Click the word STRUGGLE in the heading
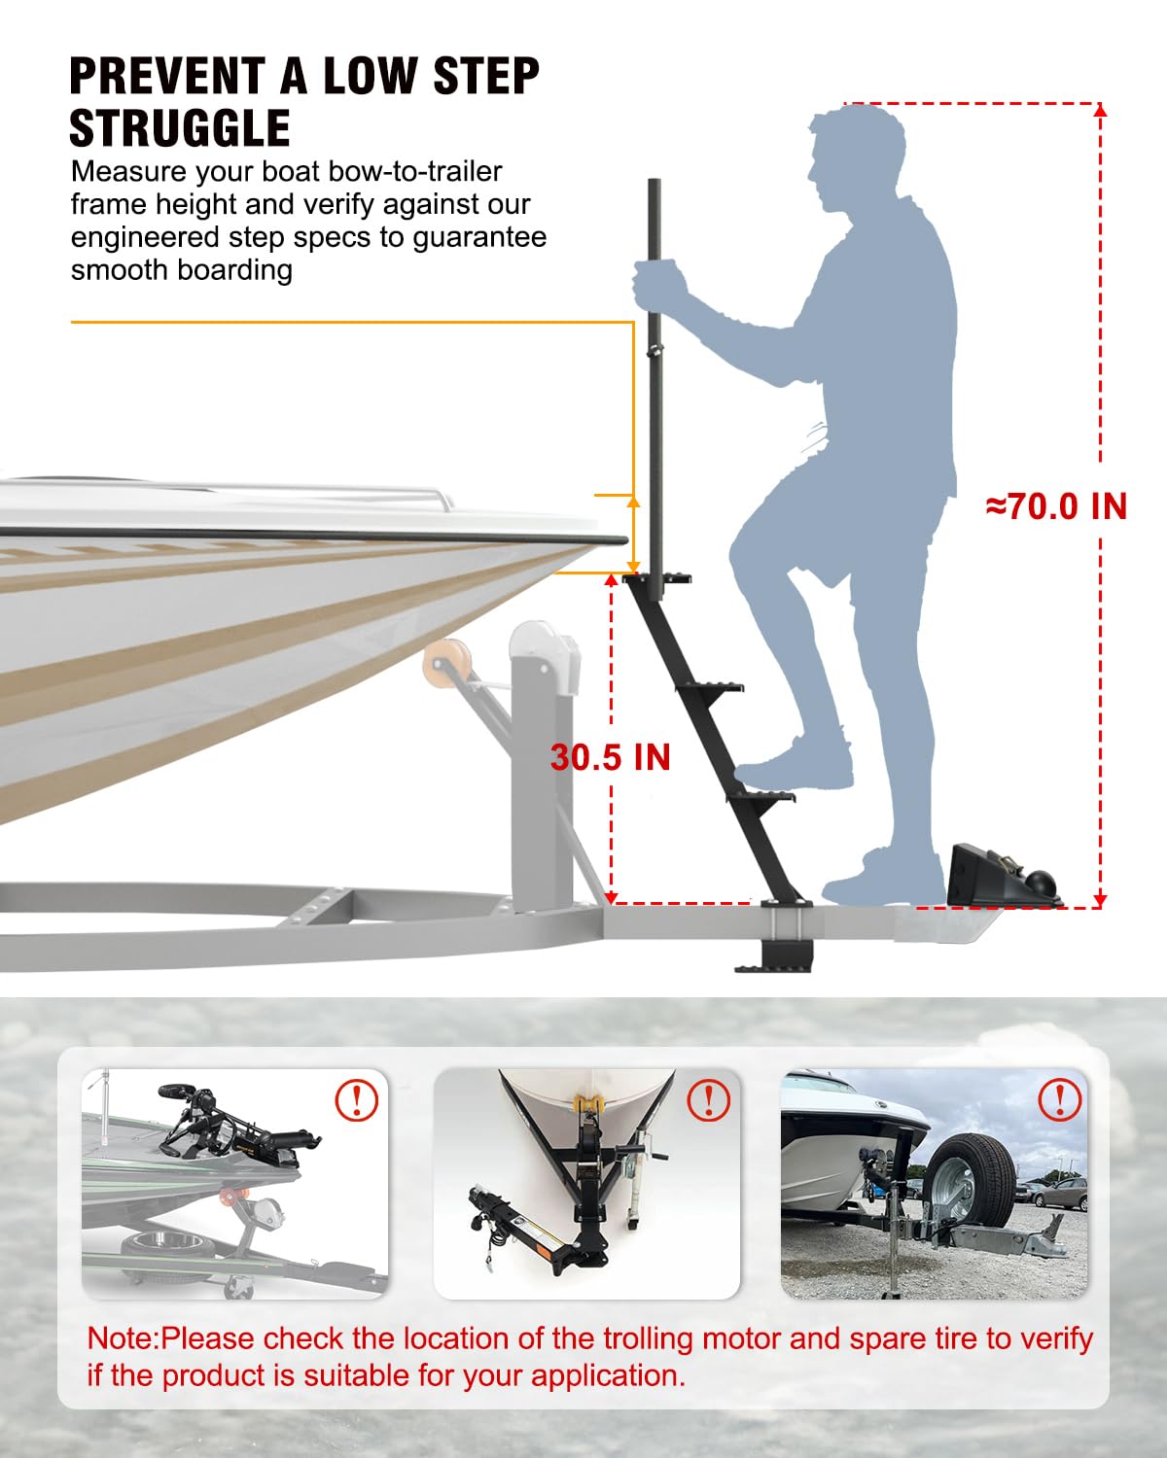(x=180, y=128)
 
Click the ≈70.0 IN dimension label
(x=1056, y=506)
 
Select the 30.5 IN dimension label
(x=611, y=757)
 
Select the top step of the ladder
(x=657, y=578)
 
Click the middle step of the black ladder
(x=709, y=688)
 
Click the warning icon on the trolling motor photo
(x=357, y=1099)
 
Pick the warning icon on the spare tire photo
(x=1060, y=1099)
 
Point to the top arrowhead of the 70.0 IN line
(x=1101, y=111)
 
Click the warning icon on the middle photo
(x=709, y=1099)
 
